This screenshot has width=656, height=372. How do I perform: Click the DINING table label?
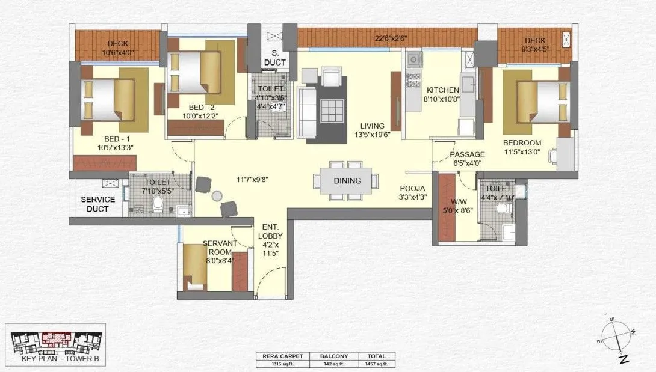pyautogui.click(x=347, y=180)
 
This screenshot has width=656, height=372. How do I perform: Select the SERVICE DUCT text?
pyautogui.click(x=98, y=204)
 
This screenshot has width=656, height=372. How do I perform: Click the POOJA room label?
pyautogui.click(x=413, y=188)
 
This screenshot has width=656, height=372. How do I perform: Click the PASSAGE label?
pyautogui.click(x=467, y=154)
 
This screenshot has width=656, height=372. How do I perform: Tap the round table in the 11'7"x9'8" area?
pyautogui.click(x=217, y=195)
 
